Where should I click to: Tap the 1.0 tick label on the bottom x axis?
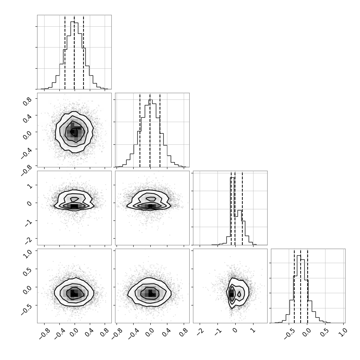point(343,333)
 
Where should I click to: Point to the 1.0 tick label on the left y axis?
point(27,254)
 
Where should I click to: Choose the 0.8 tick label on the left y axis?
point(27,101)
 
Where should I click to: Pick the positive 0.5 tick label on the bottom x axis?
point(324,333)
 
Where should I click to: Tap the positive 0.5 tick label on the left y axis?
point(27,272)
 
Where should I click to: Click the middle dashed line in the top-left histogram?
point(74,52)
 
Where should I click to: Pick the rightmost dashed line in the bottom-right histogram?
point(307,286)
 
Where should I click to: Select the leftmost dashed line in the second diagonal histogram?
point(140,130)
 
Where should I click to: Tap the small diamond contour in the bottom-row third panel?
point(239,294)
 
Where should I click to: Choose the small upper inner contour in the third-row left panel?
point(74,199)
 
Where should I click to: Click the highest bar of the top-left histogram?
point(72,22)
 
